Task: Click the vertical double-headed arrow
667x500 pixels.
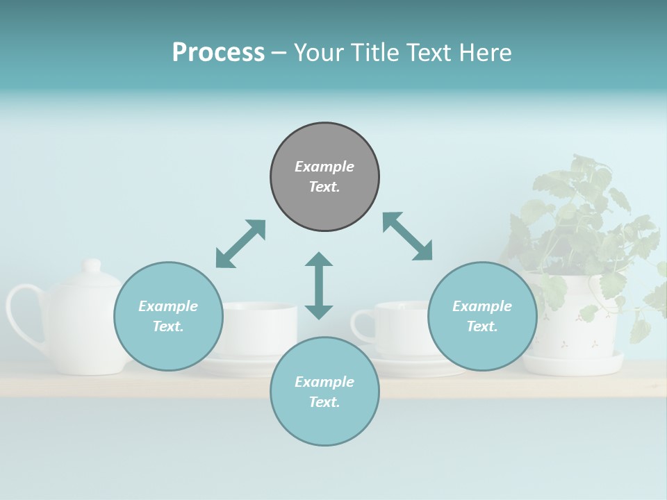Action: [x=319, y=285]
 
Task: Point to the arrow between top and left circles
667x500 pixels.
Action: [x=240, y=244]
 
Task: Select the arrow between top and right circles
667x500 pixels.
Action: [x=408, y=237]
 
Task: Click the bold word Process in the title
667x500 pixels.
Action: [x=218, y=52]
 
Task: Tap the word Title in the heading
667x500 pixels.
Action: [x=374, y=52]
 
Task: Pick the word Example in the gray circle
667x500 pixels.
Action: [x=324, y=167]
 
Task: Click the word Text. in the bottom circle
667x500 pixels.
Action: [x=324, y=402]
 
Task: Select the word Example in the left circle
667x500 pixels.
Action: [x=168, y=306]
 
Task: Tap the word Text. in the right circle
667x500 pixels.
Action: [x=482, y=326]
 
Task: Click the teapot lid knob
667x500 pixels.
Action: [x=92, y=266]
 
